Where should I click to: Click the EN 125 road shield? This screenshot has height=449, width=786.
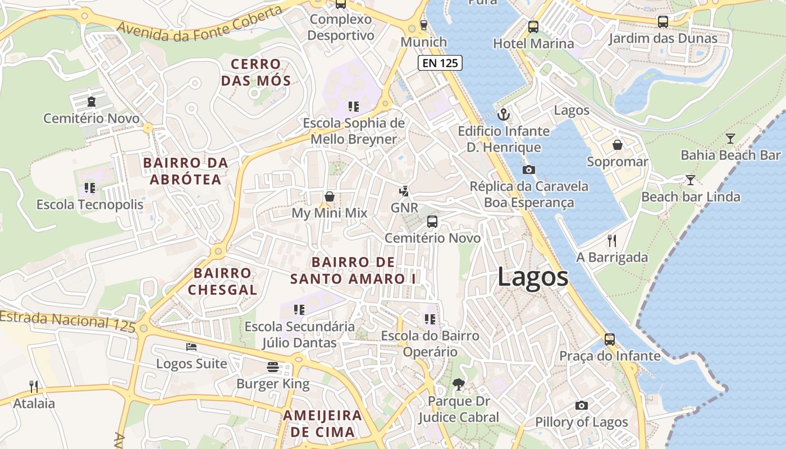(x=440, y=63)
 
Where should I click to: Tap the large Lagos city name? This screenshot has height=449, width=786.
(x=533, y=277)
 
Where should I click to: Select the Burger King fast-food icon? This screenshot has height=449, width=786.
(x=273, y=367)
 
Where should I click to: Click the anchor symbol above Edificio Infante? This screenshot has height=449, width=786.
(x=504, y=115)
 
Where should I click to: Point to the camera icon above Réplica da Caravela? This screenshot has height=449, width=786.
(x=528, y=169)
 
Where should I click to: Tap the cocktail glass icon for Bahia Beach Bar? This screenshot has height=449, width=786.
(x=730, y=139)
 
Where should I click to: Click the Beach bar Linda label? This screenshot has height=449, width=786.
(x=691, y=197)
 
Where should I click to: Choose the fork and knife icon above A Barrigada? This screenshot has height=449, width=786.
(x=612, y=241)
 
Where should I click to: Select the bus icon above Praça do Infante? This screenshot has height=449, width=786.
(x=609, y=340)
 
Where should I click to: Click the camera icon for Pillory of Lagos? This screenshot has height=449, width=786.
(x=582, y=405)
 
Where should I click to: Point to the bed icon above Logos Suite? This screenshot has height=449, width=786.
(x=191, y=347)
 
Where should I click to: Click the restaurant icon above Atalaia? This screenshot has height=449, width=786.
(x=34, y=387)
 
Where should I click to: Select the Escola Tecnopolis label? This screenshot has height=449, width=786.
(x=90, y=205)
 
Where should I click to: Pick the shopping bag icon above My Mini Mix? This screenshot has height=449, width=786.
(x=330, y=197)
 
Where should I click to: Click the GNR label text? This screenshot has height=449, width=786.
(x=404, y=208)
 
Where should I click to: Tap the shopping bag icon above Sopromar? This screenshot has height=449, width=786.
(x=617, y=145)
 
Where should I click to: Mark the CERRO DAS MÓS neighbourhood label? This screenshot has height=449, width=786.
(x=255, y=72)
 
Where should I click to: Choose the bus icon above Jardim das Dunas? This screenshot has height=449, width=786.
(x=663, y=22)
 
